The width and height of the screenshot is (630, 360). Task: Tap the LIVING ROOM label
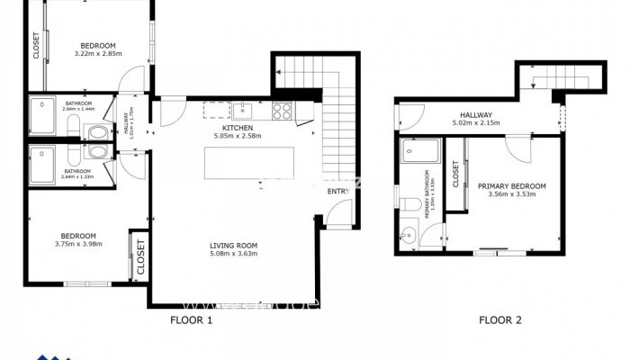234,245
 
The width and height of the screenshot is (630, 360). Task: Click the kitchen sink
243,111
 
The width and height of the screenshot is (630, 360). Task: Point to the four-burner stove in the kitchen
281,111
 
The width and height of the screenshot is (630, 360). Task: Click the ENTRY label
337,191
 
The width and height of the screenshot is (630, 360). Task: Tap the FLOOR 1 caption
191,319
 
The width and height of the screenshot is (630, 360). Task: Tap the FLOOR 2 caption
499,319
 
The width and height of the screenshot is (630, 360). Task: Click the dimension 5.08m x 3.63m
234,254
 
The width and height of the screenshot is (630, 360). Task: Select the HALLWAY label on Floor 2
476,114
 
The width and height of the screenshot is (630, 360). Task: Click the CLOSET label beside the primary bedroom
455,174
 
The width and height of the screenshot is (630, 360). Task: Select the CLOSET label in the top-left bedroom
36,46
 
